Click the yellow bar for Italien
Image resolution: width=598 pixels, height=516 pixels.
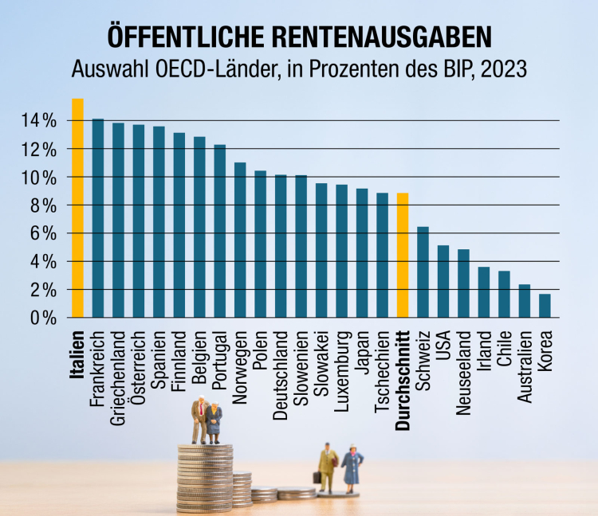coord(78,208)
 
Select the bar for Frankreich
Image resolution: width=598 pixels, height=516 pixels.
coord(98,218)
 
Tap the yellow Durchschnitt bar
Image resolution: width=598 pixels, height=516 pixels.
coord(403,255)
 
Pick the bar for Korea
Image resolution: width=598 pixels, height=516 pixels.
coord(545,306)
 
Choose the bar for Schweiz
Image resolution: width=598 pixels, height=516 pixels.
coord(423,272)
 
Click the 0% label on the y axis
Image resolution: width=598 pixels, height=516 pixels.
coord(44,318)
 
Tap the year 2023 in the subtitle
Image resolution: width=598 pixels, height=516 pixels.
coord(502,69)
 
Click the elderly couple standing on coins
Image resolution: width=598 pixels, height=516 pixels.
coord(207,420)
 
